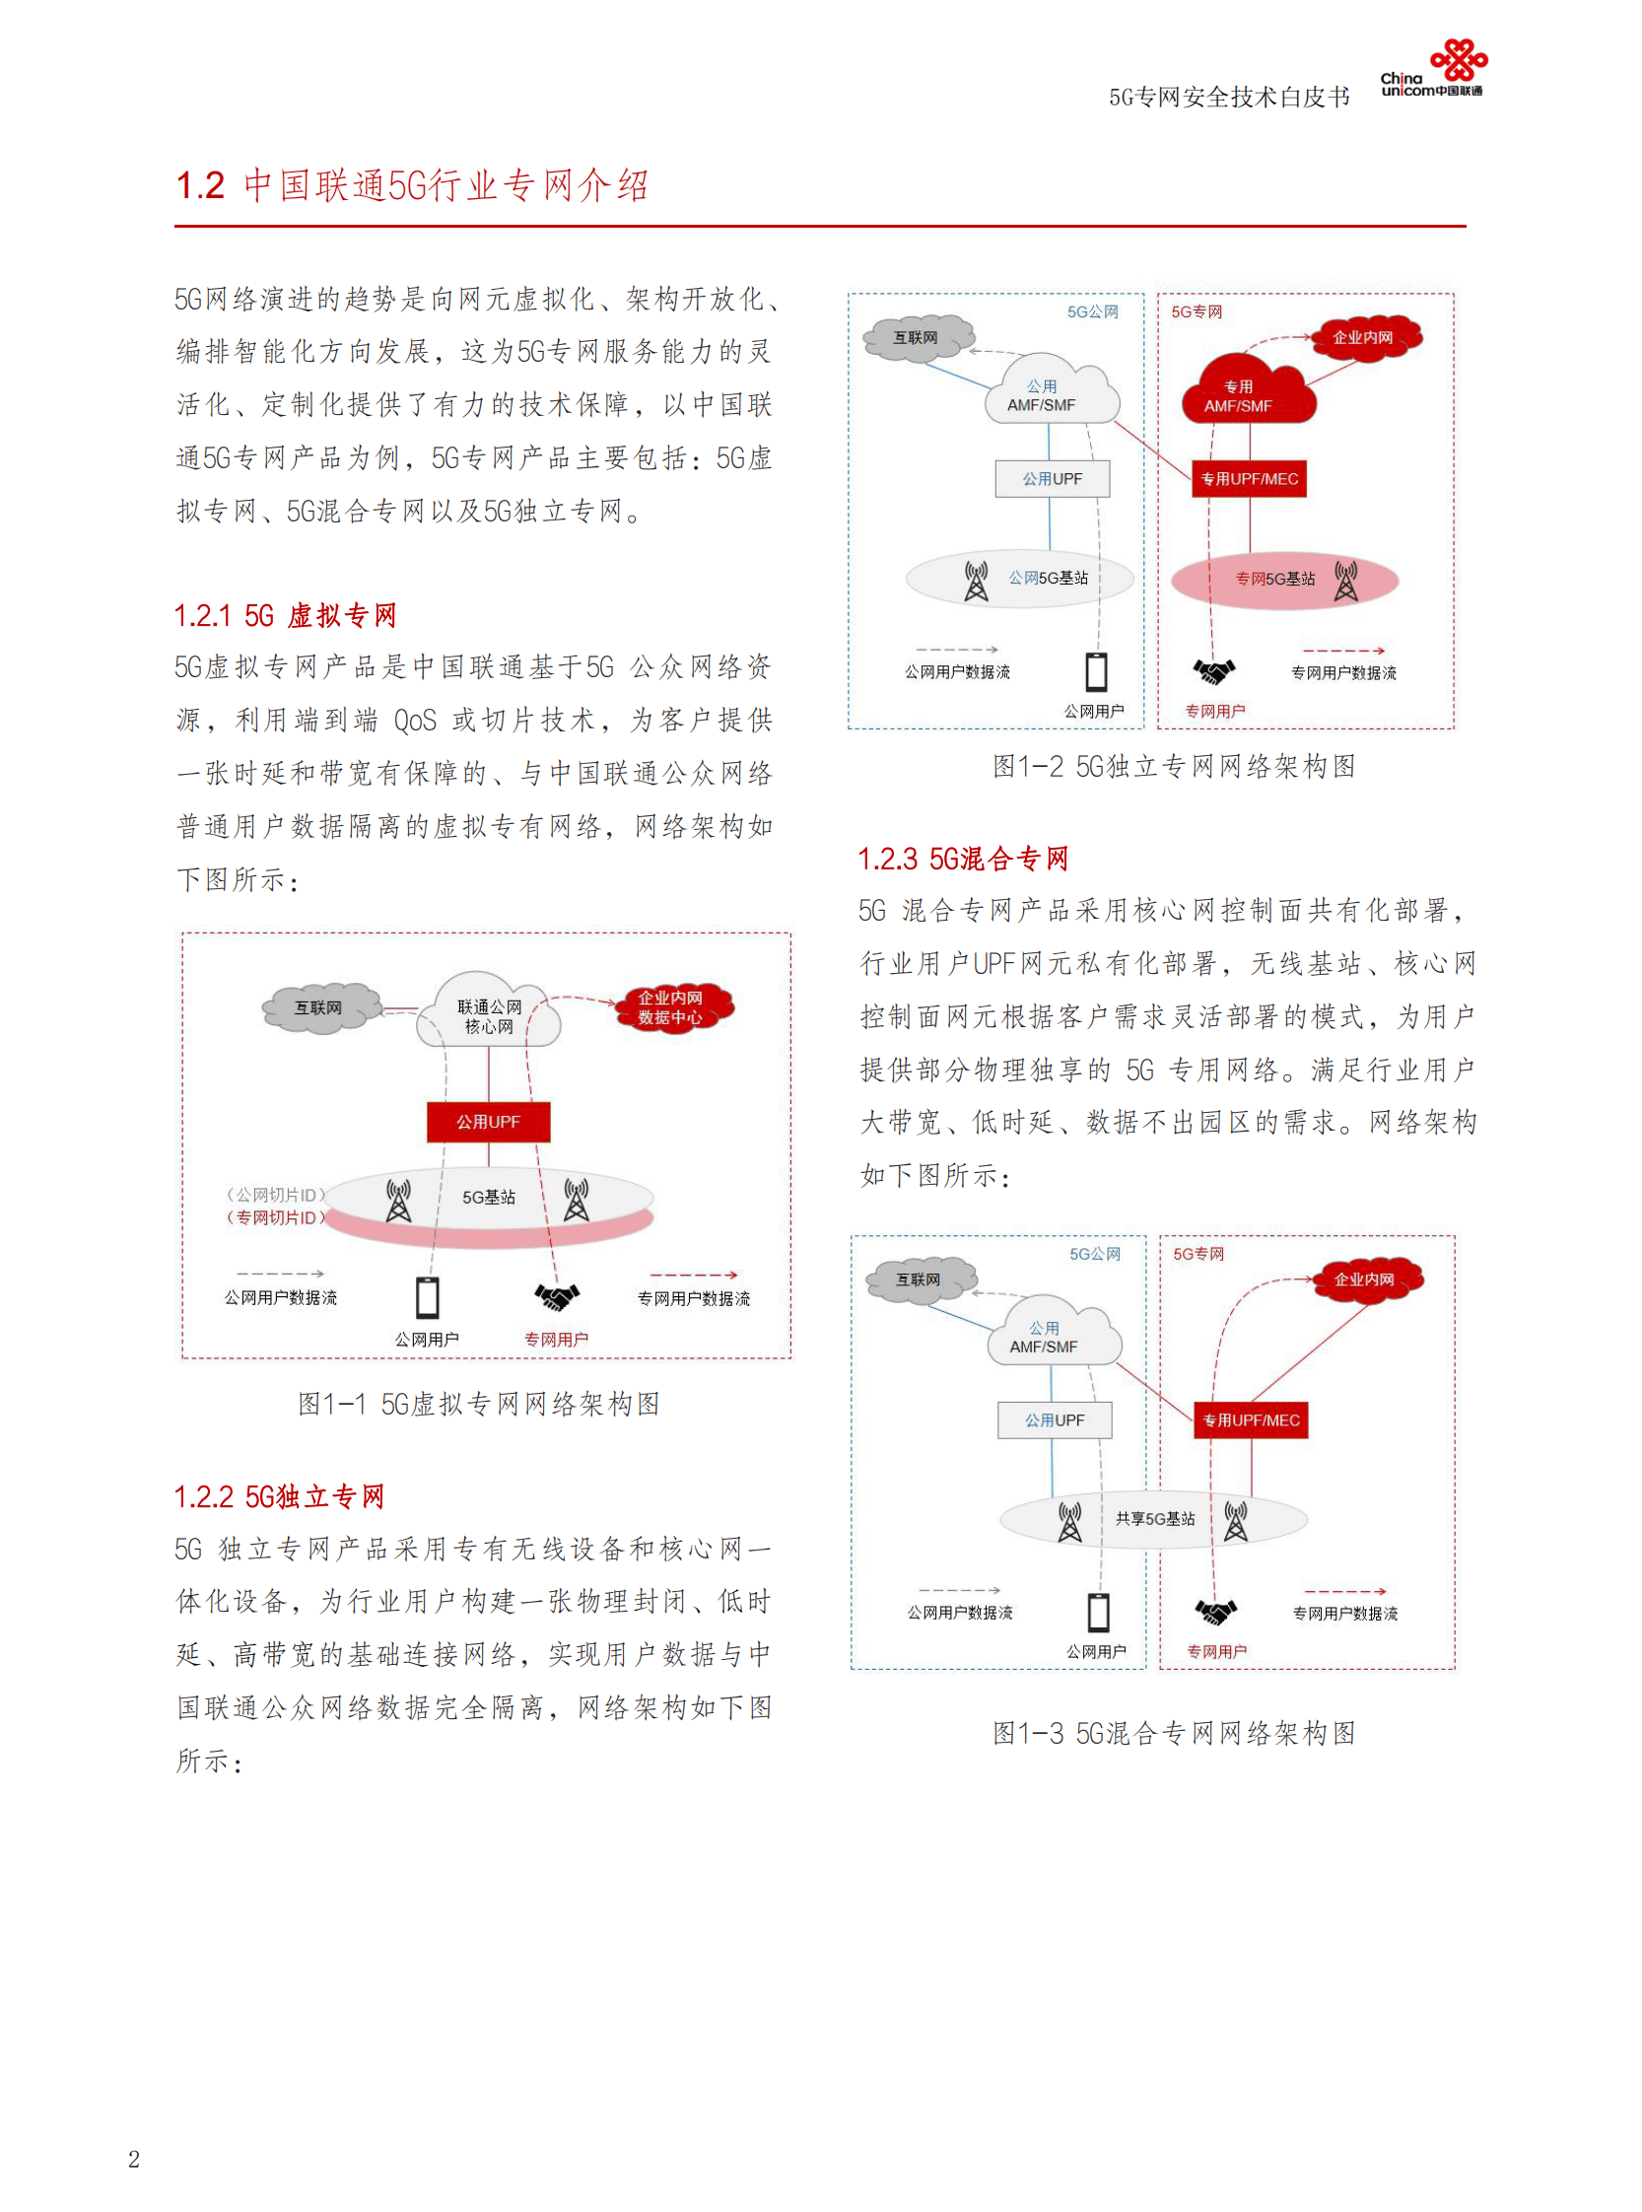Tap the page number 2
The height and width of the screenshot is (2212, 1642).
pos(134,2159)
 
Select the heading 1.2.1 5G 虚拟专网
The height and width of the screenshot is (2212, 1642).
pos(285,615)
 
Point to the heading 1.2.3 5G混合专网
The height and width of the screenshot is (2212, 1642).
pos(962,858)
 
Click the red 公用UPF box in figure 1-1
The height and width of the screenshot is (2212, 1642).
pos(488,1122)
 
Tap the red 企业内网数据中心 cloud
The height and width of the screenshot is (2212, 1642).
pos(670,1007)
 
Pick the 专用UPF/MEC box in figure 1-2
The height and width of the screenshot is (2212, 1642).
pos(1250,478)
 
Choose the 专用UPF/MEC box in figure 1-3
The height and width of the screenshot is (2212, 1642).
pos(1251,1419)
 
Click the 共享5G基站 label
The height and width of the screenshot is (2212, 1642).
pos(1155,1518)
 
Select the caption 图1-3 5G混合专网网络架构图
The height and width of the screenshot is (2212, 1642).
pos(1174,1733)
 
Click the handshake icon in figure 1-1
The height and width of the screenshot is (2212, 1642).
pos(557,1296)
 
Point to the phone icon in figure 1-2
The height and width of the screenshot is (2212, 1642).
pos(1096,671)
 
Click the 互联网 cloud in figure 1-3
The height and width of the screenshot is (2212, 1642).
pos(919,1279)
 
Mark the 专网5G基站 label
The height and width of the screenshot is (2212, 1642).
pos(1275,579)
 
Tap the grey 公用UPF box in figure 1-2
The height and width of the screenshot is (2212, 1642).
pos(1053,478)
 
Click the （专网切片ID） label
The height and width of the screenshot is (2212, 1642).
pos(275,1216)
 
